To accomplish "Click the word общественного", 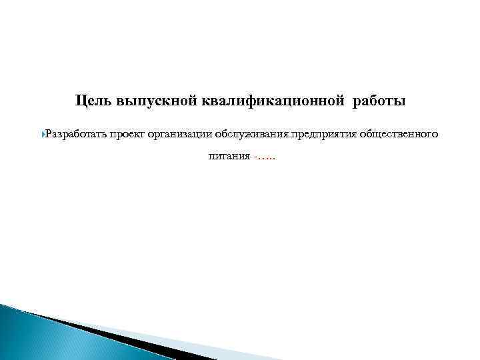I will point(399,134).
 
